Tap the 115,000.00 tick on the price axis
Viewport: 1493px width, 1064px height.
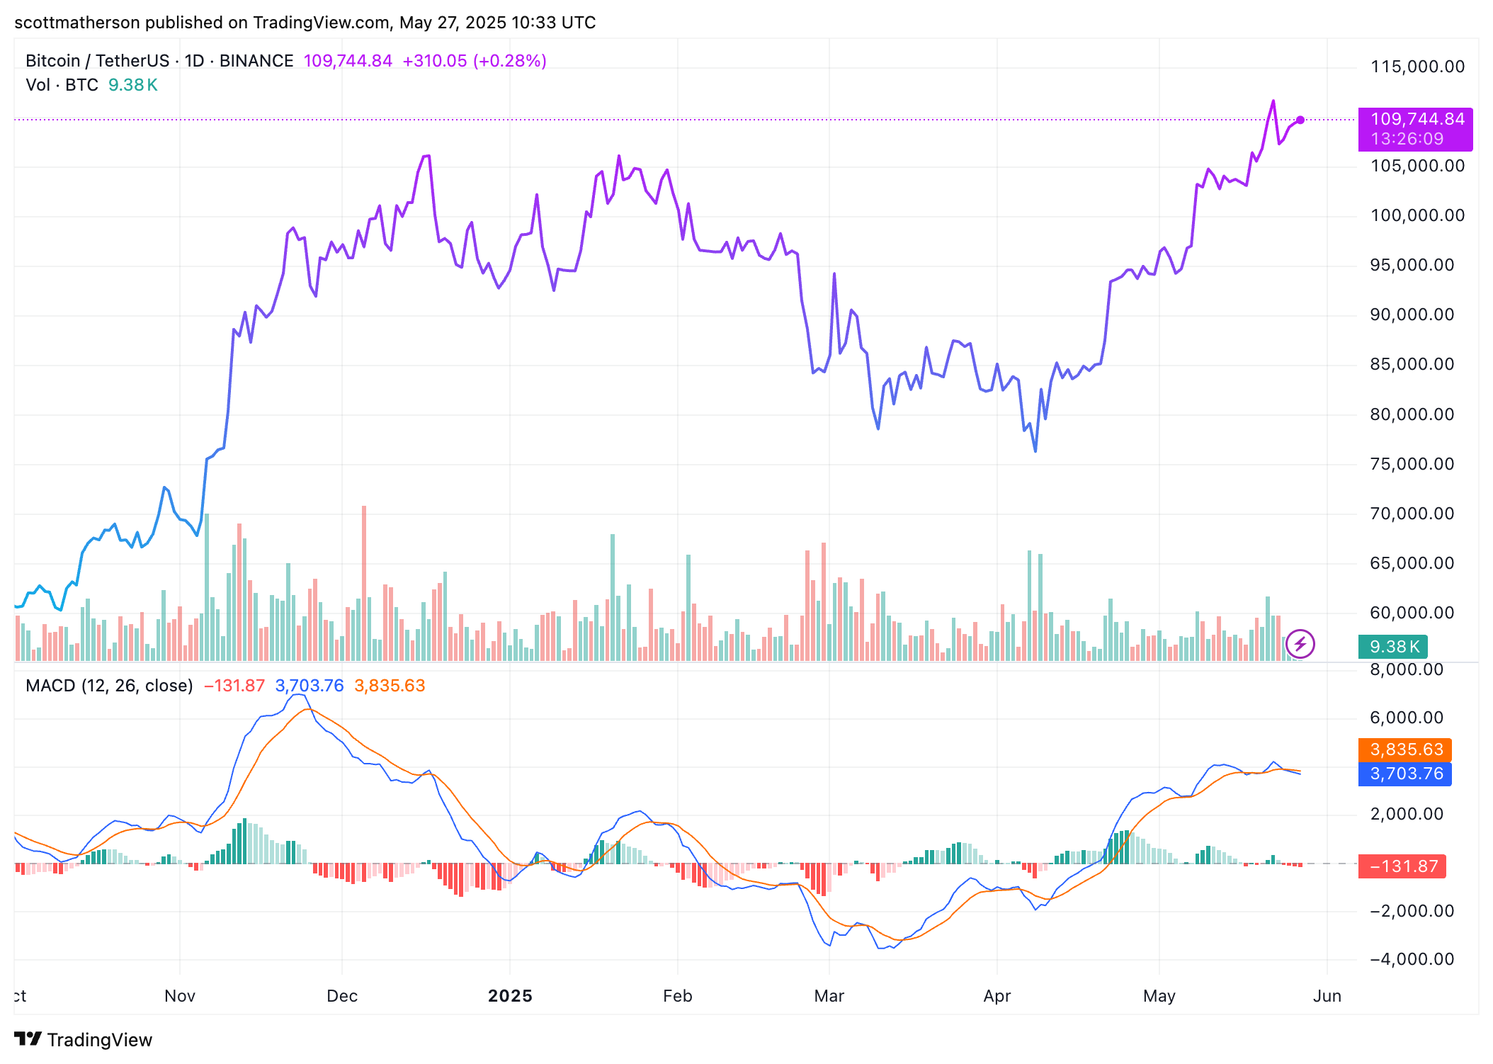(1417, 67)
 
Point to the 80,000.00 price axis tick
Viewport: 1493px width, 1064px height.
(1412, 414)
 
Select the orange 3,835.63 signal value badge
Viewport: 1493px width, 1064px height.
(1405, 749)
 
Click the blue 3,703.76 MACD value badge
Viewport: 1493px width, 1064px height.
(1405, 774)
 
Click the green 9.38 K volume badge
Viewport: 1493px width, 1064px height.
(1392, 647)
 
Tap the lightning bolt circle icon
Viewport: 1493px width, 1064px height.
(1300, 644)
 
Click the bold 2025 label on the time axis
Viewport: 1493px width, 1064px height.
(510, 996)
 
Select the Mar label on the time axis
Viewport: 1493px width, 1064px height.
(829, 996)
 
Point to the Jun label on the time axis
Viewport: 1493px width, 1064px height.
(1327, 996)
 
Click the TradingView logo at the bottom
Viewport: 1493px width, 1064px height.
(84, 1040)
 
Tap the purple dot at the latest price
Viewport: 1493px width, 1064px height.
(1300, 120)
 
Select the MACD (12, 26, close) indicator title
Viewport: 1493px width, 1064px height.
(109, 686)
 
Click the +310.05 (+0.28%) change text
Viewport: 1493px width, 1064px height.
(475, 61)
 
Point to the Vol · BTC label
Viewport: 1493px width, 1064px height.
(62, 85)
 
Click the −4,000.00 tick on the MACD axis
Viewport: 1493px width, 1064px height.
(1412, 959)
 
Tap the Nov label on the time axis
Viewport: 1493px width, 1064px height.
(180, 996)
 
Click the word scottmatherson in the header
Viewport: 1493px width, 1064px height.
(77, 23)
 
